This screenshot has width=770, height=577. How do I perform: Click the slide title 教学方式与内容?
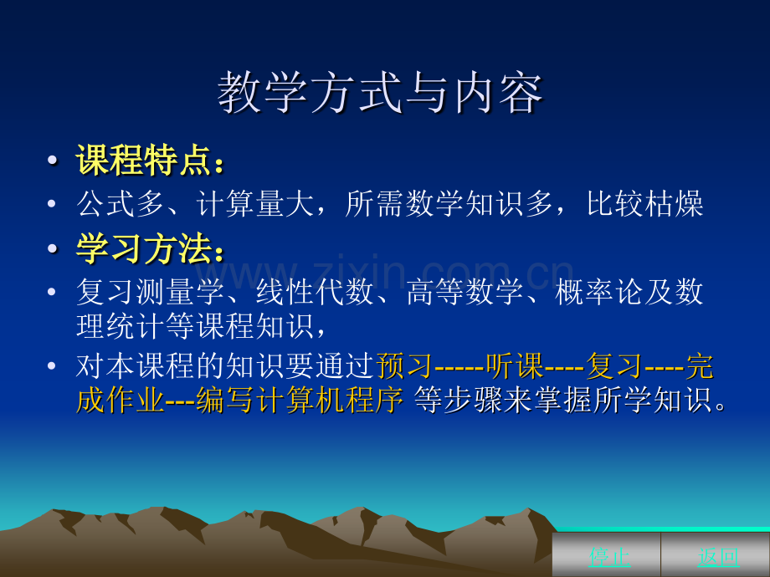380,92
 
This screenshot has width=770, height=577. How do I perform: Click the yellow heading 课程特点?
143,160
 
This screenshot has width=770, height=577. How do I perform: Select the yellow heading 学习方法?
143,248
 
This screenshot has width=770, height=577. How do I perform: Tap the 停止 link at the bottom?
609,556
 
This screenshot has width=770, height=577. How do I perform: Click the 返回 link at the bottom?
718,556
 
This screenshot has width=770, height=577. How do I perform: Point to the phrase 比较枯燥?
644,203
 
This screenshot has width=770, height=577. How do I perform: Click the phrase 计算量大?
255,203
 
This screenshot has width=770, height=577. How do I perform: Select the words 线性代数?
315,292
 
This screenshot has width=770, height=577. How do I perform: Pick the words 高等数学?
465,292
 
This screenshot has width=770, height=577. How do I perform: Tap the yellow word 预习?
404,366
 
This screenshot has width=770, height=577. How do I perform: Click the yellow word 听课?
515,366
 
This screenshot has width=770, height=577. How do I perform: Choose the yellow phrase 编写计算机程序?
300,401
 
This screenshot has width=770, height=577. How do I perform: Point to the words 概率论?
599,292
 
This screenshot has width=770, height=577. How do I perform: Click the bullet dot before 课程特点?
52,161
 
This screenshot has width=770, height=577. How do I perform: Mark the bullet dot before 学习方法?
52,248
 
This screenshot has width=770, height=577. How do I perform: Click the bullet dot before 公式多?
52,203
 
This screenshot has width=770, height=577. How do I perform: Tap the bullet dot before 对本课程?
52,366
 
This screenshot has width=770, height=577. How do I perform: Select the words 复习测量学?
151,292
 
